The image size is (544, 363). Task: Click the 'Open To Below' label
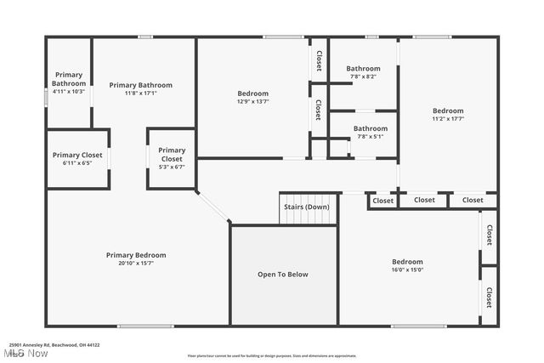(x=283, y=275)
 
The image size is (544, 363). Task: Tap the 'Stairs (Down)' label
(x=307, y=207)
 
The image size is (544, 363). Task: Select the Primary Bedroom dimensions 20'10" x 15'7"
(x=136, y=264)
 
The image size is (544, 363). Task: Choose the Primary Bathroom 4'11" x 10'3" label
(x=69, y=82)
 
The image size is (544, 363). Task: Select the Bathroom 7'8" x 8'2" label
(x=363, y=72)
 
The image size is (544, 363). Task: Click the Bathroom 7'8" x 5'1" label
(x=371, y=132)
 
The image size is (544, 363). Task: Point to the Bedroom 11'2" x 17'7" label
(x=448, y=115)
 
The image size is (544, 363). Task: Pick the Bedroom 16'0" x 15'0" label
(x=407, y=265)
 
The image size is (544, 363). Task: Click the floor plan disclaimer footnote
(x=272, y=355)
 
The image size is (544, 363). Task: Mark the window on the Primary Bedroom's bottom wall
(x=145, y=326)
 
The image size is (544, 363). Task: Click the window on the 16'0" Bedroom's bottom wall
(x=419, y=326)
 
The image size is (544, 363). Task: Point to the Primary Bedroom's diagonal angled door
(x=212, y=207)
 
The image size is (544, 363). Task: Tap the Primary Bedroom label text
(x=136, y=255)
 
